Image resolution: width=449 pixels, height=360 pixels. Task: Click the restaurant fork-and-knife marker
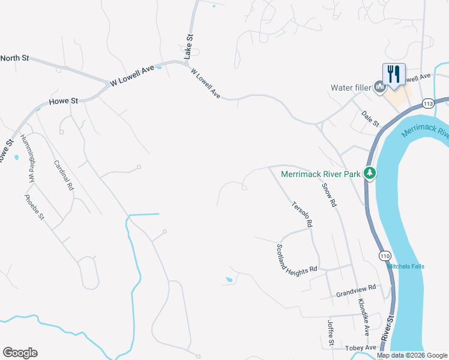click(x=394, y=74)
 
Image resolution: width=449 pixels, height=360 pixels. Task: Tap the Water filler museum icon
click(x=379, y=88)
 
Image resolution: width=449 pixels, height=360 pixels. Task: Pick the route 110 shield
click(x=385, y=255)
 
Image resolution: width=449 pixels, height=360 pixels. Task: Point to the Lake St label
click(x=188, y=46)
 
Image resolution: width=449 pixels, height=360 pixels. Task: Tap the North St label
click(x=14, y=58)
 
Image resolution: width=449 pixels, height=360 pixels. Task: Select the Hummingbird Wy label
click(x=29, y=158)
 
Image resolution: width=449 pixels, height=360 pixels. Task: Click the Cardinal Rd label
click(x=64, y=175)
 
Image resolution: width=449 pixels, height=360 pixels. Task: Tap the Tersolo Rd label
click(x=301, y=214)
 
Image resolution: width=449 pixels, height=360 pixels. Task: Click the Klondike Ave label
click(x=363, y=317)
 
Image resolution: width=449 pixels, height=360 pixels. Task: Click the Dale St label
click(x=370, y=118)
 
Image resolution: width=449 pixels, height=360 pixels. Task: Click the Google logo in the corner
click(x=20, y=353)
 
